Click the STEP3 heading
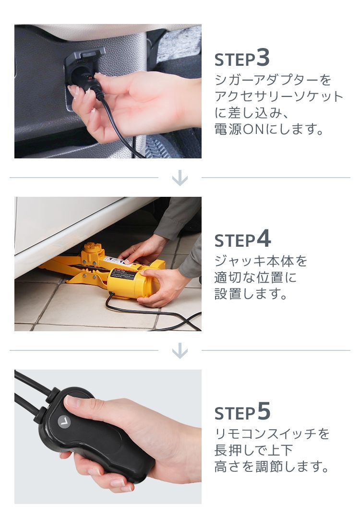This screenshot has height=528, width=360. (x=242, y=59)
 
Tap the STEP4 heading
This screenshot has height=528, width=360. (x=242, y=240)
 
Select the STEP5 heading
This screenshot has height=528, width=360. (x=242, y=412)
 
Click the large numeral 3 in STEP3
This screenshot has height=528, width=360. (x=263, y=57)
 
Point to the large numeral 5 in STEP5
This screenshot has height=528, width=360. (x=264, y=411)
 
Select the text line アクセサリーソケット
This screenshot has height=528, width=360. (x=279, y=96)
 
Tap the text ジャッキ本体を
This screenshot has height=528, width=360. (x=261, y=262)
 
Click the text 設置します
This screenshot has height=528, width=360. (x=251, y=294)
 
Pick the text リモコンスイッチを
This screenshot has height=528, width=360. (x=272, y=434)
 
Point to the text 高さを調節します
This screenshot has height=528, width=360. (x=272, y=467)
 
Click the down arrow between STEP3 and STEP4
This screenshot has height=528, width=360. (x=180, y=178)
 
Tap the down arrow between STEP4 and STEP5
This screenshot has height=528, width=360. (x=180, y=351)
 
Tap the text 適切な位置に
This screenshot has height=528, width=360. (x=255, y=278)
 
